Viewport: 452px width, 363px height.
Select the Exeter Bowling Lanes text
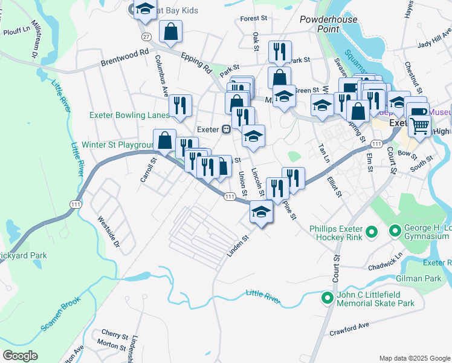[x=129, y=115]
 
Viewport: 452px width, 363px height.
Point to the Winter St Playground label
[x=118, y=145]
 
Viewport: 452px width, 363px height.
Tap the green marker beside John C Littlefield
[x=328, y=297]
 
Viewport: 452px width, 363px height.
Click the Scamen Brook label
[x=60, y=317]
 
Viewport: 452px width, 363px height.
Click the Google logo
[x=20, y=356]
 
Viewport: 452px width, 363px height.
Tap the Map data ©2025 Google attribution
[x=415, y=358]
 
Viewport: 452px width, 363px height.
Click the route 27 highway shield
[x=146, y=37]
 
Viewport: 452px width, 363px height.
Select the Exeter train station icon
[x=225, y=129]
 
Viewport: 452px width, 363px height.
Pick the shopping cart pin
[x=420, y=126]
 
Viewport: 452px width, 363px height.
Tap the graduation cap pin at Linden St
[x=261, y=213]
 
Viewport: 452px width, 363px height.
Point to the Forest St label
[x=253, y=19]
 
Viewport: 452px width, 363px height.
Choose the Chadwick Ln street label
[x=385, y=262]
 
